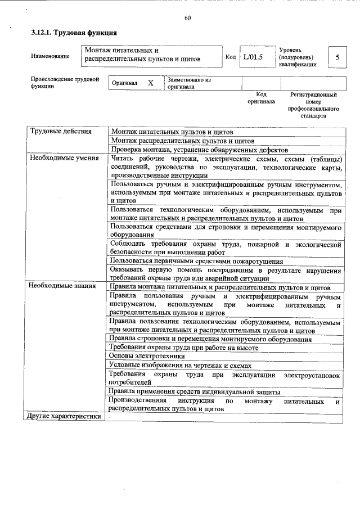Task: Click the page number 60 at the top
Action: coord(187,18)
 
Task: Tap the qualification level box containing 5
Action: coord(337,57)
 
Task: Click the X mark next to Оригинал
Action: coord(150,83)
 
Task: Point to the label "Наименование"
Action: coord(51,56)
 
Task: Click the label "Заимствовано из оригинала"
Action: coord(188,83)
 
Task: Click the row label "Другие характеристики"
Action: coord(64,417)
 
